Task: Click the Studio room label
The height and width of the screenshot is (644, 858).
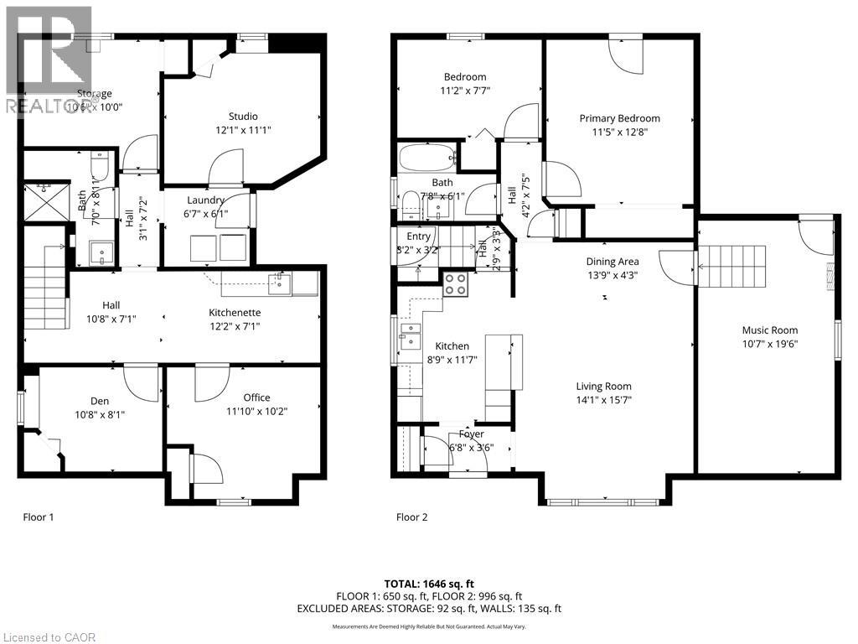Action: coord(243,116)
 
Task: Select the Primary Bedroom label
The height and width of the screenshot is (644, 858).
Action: coord(619,118)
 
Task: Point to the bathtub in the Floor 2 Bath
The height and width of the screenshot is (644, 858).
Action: coord(427,158)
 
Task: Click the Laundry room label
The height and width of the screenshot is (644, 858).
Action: coord(205,200)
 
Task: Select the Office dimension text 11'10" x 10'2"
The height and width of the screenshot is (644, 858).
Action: coord(257,412)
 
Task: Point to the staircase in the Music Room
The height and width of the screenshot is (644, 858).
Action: coord(732,267)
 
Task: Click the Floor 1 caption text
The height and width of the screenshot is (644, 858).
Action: coord(39,517)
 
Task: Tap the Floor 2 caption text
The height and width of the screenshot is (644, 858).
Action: coord(411,517)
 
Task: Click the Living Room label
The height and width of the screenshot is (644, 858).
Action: coord(603,387)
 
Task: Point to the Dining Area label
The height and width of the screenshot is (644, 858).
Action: coord(612,262)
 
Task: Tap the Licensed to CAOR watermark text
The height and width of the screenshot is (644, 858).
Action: coord(49,637)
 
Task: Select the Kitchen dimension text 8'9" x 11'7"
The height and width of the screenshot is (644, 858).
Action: coord(452,360)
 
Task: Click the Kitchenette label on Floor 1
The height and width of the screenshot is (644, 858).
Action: coord(235,312)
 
